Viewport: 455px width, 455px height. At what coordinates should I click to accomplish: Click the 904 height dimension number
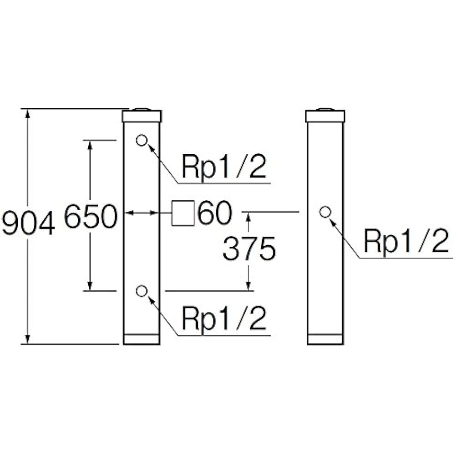tap(28, 222)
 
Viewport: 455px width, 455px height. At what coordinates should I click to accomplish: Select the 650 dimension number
tap(91, 216)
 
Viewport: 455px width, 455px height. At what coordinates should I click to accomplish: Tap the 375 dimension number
tap(249, 248)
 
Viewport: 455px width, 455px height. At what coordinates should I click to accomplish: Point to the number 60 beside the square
tap(215, 212)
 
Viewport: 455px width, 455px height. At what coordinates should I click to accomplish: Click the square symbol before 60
tap(183, 213)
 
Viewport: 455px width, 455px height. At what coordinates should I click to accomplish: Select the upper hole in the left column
tap(142, 141)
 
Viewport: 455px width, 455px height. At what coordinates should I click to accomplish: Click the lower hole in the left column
tap(142, 291)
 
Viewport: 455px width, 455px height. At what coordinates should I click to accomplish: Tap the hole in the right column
tap(325, 212)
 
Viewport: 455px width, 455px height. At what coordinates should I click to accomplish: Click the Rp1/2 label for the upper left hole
tap(224, 167)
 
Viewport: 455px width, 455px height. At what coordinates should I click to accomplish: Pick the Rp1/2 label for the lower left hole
tap(224, 318)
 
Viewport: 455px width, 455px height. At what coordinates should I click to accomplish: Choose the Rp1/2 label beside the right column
tap(406, 241)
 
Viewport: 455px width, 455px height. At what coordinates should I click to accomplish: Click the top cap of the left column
tap(142, 116)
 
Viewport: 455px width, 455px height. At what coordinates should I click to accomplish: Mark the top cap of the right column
tap(325, 116)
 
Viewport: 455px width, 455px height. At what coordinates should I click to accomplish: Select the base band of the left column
tap(142, 339)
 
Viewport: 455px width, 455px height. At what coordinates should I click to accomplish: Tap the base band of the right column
tap(325, 339)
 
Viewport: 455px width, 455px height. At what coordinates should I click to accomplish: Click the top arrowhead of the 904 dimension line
tap(28, 113)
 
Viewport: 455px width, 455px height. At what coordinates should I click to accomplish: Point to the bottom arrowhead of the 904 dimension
tap(28, 339)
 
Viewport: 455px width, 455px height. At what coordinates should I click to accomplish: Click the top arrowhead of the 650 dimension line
tap(90, 145)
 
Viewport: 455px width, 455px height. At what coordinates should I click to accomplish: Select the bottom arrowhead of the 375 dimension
tap(248, 286)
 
